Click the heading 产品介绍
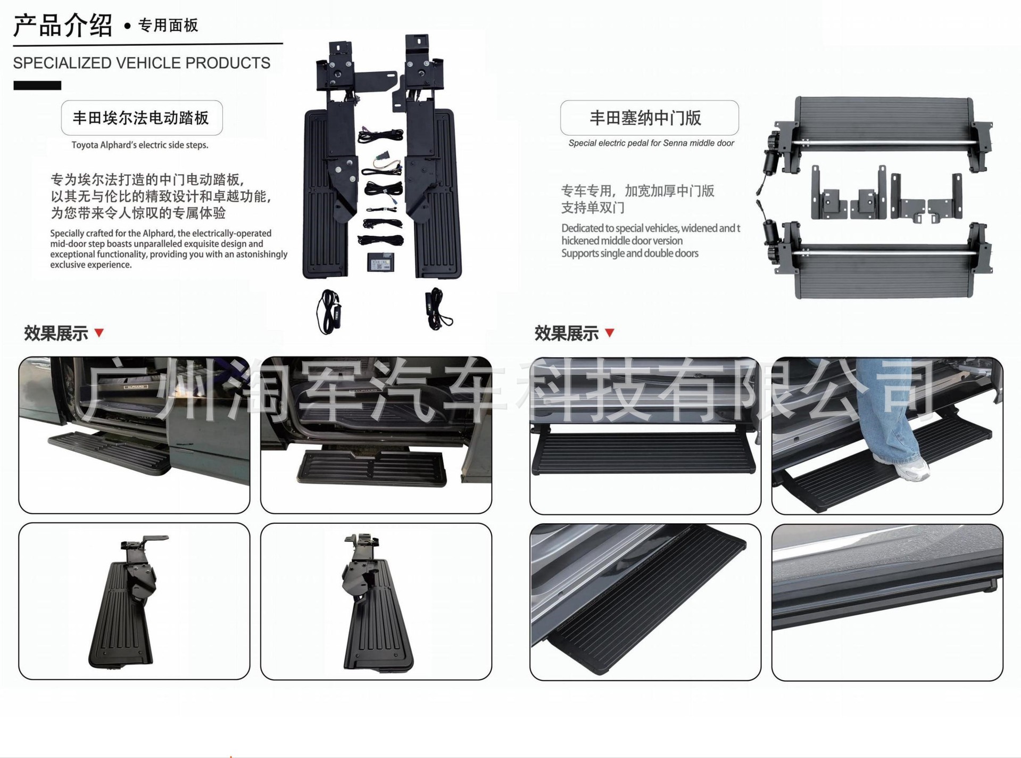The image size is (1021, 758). [x=63, y=26]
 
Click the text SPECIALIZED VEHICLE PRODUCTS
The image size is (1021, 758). [x=142, y=63]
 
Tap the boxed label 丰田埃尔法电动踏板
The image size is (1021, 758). [x=142, y=118]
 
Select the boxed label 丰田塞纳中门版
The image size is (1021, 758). [x=649, y=118]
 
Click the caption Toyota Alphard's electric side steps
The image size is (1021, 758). [x=140, y=145]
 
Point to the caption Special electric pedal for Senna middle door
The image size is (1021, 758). [x=651, y=143]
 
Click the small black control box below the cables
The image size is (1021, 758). [x=380, y=261]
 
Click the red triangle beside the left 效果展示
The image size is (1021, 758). [x=99, y=333]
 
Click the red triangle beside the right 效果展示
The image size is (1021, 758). [x=610, y=333]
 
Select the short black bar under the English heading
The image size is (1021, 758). [x=37, y=85]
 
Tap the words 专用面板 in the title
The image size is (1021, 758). [x=168, y=25]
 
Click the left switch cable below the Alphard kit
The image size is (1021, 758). [x=328, y=311]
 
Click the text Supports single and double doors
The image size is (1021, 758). [x=630, y=253]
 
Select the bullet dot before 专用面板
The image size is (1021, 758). [x=127, y=26]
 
